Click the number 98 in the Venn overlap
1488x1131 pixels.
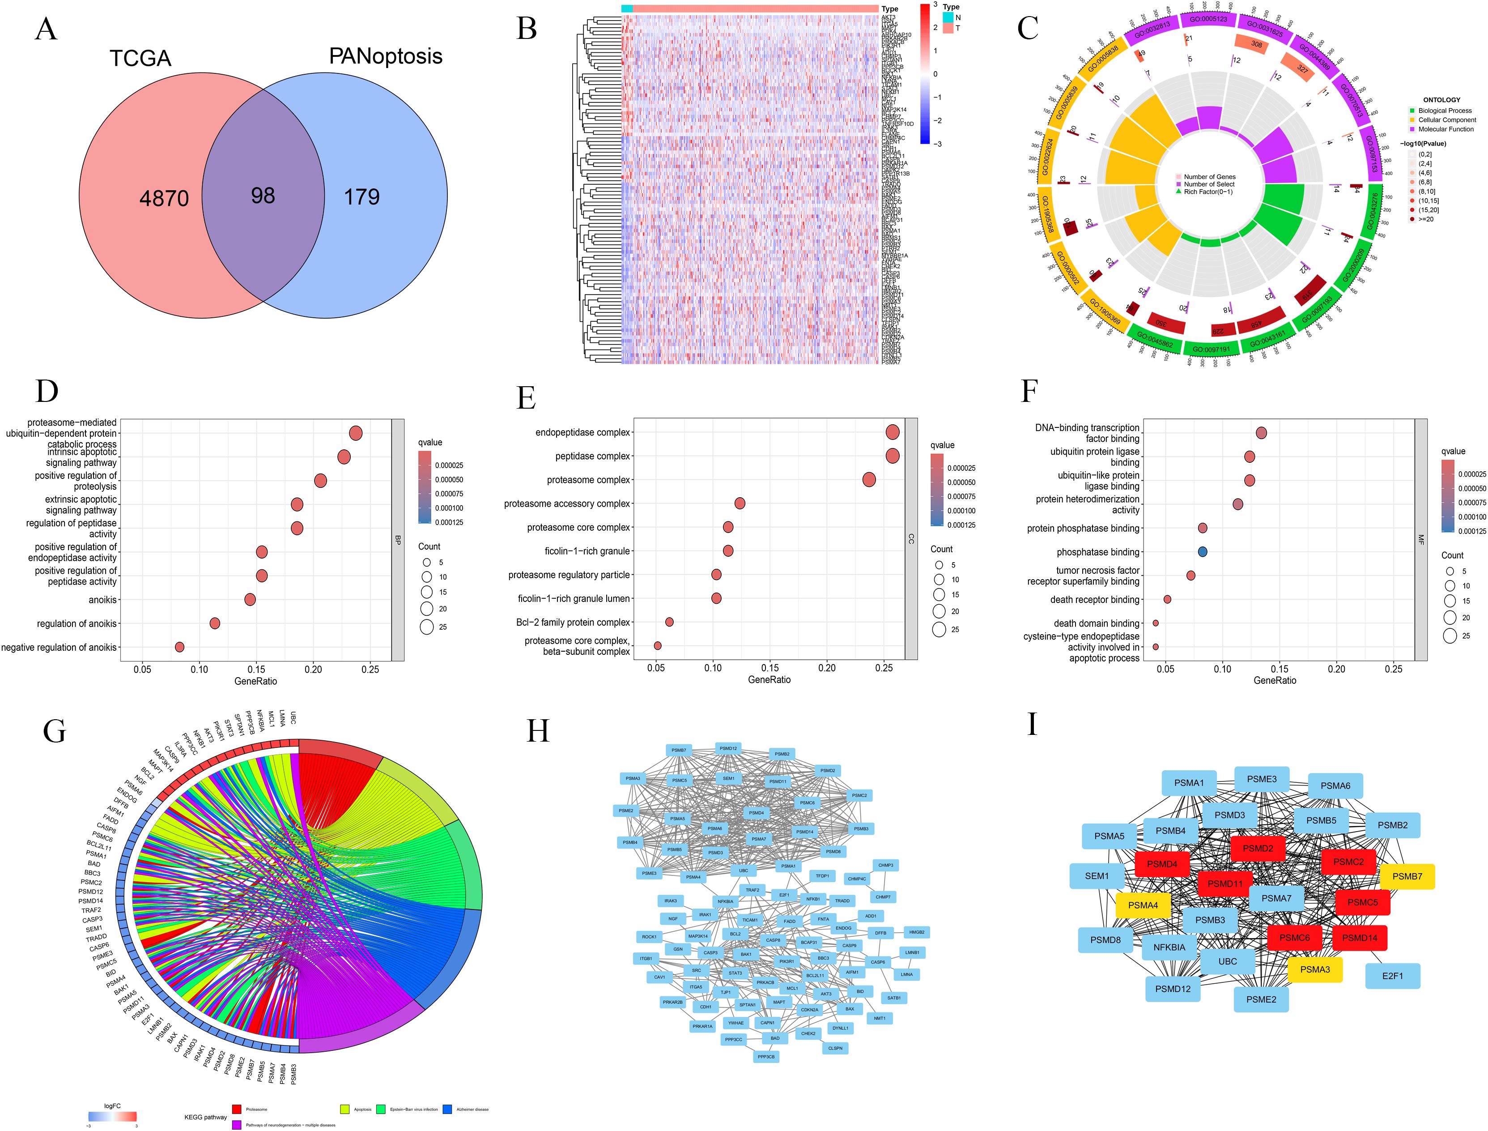263,196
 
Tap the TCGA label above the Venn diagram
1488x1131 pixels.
140,59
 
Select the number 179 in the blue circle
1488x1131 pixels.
362,197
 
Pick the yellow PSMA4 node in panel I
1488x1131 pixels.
1143,905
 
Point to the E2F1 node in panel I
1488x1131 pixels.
1392,976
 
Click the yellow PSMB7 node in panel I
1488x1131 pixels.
1407,876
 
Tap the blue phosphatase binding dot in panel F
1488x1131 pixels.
1202,552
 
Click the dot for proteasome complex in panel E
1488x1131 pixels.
869,480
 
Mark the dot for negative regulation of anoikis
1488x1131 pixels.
180,647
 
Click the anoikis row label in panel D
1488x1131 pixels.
102,600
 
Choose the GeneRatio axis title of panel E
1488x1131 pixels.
769,680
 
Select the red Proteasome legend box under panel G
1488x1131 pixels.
237,1109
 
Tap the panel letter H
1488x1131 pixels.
538,730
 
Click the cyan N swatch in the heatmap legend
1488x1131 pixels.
948,17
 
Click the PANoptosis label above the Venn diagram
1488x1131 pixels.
386,56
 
